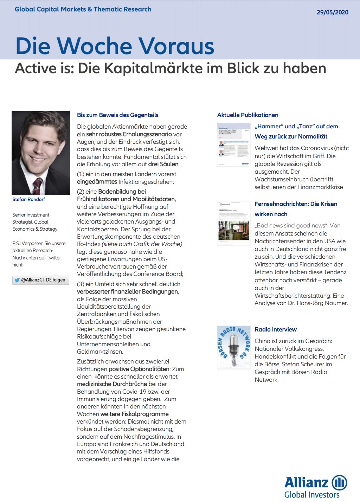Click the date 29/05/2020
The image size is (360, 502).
332,12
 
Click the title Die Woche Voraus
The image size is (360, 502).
115,46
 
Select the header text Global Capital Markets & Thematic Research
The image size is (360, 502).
83,9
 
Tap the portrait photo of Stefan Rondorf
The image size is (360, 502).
41,153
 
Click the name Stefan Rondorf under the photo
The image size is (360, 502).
28,199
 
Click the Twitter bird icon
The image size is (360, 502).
17,280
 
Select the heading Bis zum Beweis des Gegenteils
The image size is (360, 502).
117,115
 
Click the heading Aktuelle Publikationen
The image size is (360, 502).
247,115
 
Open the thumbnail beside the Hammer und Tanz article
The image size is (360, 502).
234,144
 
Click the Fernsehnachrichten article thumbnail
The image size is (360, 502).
234,224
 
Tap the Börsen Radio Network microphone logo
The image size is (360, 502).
234,347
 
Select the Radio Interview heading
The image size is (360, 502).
276,329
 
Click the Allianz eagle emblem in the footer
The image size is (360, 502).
339,482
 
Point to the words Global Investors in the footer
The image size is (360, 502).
312,495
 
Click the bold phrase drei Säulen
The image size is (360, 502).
163,164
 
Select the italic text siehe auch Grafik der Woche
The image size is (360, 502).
142,244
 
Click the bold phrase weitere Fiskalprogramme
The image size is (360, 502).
134,414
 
